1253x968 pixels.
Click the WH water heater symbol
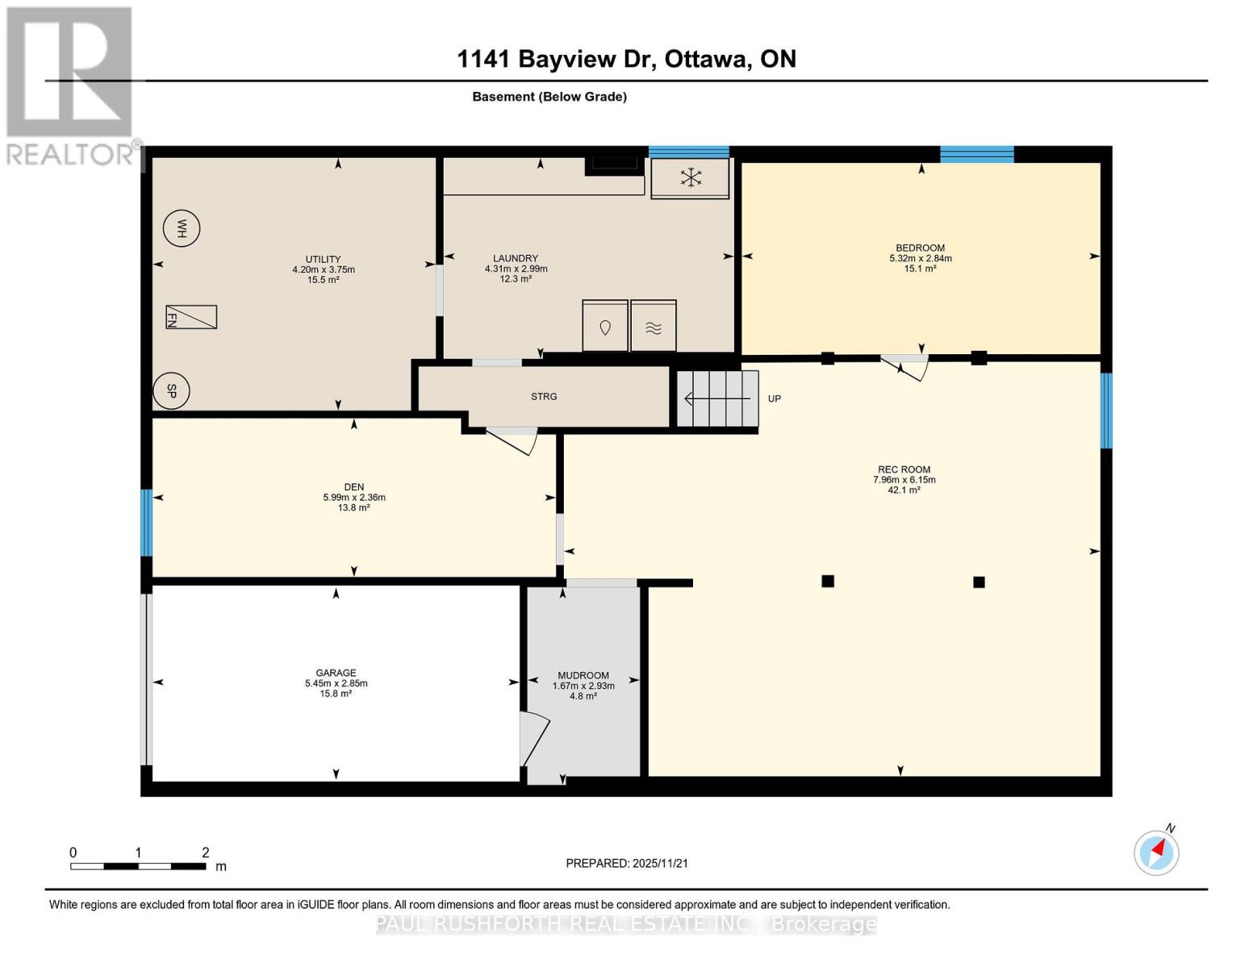pyautogui.click(x=182, y=229)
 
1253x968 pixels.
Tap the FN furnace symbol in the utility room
pyautogui.click(x=191, y=317)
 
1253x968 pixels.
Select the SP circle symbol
pyautogui.click(x=171, y=391)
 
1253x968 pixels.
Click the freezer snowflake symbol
pyautogui.click(x=690, y=177)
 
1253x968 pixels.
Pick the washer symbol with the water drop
pyautogui.click(x=605, y=326)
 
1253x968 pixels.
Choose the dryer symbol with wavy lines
pyautogui.click(x=654, y=326)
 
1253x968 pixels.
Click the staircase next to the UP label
pyautogui.click(x=717, y=398)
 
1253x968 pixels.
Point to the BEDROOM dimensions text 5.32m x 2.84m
pyautogui.click(x=920, y=259)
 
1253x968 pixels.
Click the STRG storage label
pyautogui.click(x=544, y=397)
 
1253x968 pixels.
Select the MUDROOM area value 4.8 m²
pyautogui.click(x=583, y=696)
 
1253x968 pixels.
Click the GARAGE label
pyautogui.click(x=336, y=673)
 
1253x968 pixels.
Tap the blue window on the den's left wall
pyautogui.click(x=146, y=523)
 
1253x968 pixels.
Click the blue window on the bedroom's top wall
pyautogui.click(x=976, y=155)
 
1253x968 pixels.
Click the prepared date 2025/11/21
pyautogui.click(x=627, y=863)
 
